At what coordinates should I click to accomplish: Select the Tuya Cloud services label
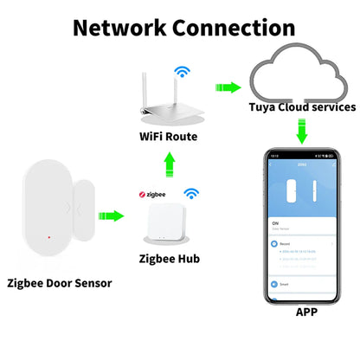pyautogui.click(x=301, y=108)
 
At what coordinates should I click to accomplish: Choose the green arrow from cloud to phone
pyautogui.click(x=301, y=132)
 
